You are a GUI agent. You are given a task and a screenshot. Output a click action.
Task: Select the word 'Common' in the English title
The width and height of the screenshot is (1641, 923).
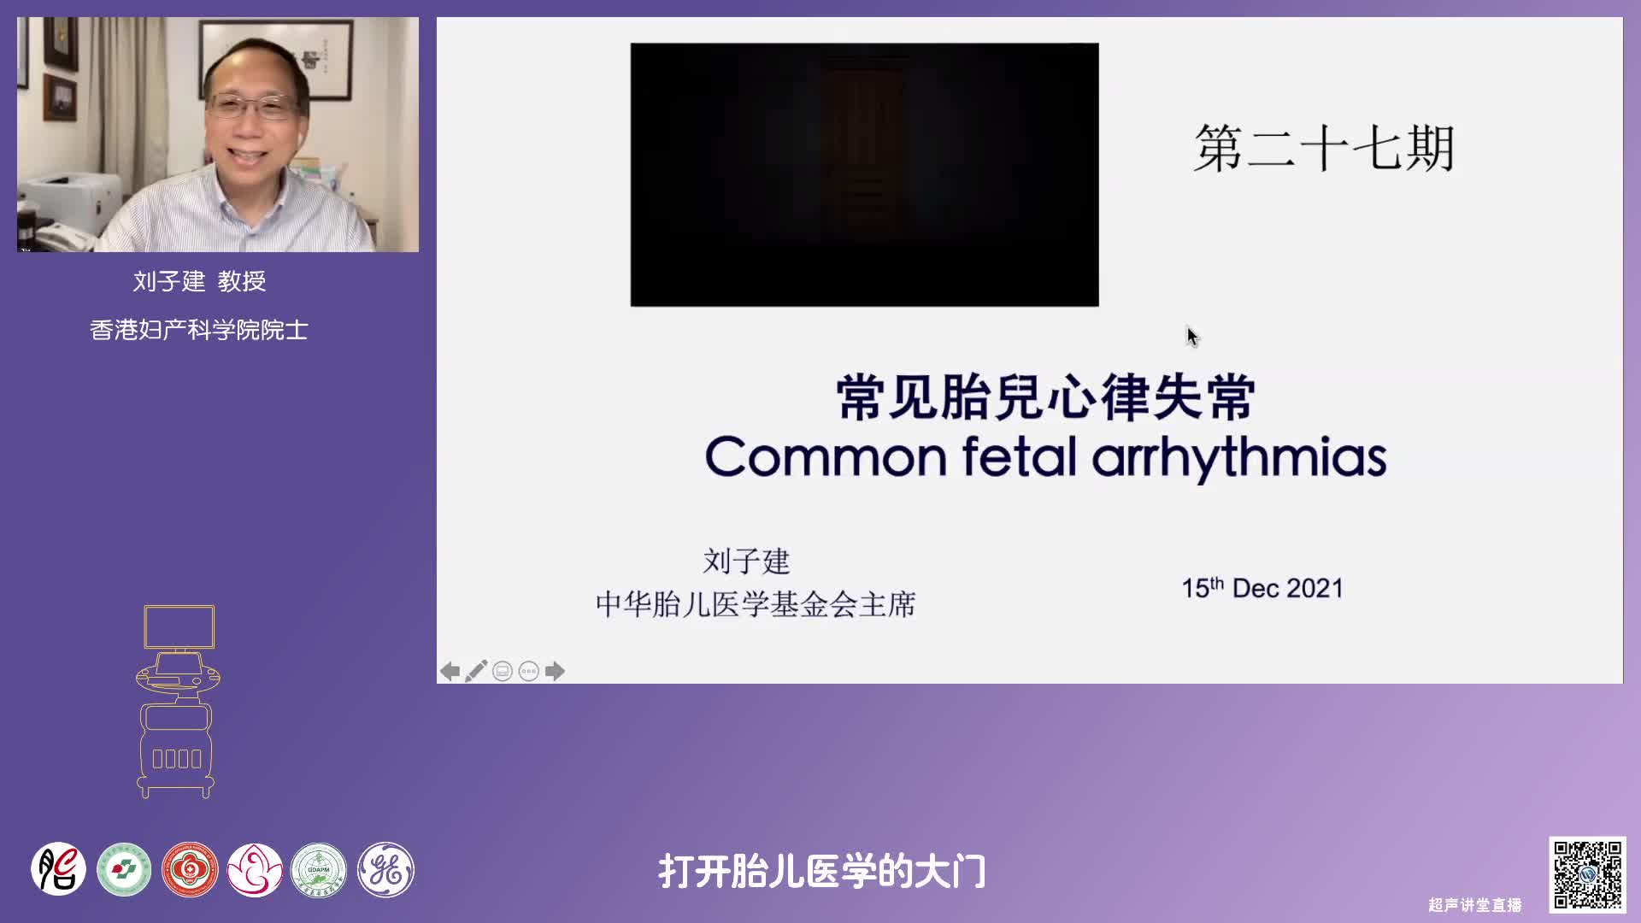(826, 456)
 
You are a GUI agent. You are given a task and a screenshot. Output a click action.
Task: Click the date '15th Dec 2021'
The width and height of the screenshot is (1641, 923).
(1262, 588)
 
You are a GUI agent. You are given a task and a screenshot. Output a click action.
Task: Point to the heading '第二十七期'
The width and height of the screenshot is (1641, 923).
(1324, 149)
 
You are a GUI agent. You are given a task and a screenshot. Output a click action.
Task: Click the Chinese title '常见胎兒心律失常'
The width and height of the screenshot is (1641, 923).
(1045, 397)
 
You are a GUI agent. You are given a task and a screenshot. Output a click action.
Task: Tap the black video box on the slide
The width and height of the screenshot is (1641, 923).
(864, 174)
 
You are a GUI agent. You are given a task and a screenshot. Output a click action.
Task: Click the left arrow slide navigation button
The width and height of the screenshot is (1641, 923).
(450, 671)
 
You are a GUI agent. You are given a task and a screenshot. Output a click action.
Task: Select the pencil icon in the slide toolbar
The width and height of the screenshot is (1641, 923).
(476, 671)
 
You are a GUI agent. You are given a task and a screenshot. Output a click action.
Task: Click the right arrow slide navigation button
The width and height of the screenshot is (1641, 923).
(555, 671)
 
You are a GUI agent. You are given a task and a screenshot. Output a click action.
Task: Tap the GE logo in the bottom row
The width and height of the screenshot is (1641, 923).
(385, 870)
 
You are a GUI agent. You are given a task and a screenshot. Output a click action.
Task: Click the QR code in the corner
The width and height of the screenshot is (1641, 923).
(1587, 874)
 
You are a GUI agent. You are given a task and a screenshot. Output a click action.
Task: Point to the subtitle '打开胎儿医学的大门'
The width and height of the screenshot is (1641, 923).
(822, 872)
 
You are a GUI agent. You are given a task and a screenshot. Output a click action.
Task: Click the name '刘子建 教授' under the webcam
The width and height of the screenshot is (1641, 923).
(199, 281)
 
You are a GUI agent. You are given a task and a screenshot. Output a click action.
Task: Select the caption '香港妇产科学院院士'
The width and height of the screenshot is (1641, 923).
(199, 330)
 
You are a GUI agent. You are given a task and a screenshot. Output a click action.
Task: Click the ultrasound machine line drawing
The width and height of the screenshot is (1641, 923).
(177, 701)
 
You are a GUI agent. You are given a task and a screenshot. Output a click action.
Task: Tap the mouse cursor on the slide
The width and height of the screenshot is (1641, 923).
(1192, 337)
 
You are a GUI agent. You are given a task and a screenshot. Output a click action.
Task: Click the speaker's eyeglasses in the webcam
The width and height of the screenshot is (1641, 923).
(252, 107)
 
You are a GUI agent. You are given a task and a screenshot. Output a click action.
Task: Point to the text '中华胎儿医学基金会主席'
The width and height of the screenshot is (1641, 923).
(756, 604)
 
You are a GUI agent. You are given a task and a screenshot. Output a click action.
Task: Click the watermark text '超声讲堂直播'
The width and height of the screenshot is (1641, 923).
(1475, 905)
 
